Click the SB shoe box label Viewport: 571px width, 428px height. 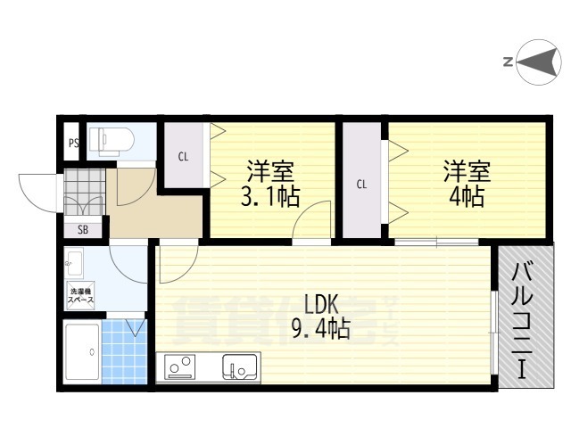(x=82, y=229)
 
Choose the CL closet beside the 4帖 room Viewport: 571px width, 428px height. (x=361, y=184)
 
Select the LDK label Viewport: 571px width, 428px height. (x=322, y=303)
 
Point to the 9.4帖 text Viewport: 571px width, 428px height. (x=319, y=331)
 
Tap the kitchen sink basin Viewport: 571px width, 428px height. (x=241, y=366)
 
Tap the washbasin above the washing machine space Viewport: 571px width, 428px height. (x=74, y=264)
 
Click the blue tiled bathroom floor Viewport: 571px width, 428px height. (x=124, y=353)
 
